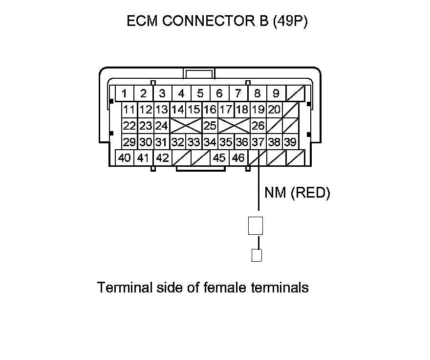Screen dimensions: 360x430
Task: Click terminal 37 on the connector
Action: [258, 142]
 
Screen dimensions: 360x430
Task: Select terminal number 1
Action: [125, 93]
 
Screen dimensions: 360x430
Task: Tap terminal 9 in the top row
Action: [276, 93]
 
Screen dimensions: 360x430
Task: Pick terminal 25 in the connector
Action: [210, 126]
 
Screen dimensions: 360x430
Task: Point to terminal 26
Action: [258, 126]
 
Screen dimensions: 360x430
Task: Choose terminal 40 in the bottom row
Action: [124, 158]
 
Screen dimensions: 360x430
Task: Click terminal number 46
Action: [238, 158]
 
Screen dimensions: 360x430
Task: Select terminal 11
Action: [129, 110]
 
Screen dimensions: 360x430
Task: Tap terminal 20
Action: [274, 110]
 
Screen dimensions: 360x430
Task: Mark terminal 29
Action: [129, 142]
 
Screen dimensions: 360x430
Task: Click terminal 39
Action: [290, 142]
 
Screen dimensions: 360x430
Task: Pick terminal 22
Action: [129, 126]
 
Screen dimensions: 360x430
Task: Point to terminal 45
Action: [219, 158]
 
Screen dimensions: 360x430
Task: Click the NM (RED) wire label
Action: [297, 193]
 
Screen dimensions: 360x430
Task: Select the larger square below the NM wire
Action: [256, 225]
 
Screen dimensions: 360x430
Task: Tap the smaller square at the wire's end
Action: [256, 255]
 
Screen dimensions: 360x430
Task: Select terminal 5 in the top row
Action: [200, 93]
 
